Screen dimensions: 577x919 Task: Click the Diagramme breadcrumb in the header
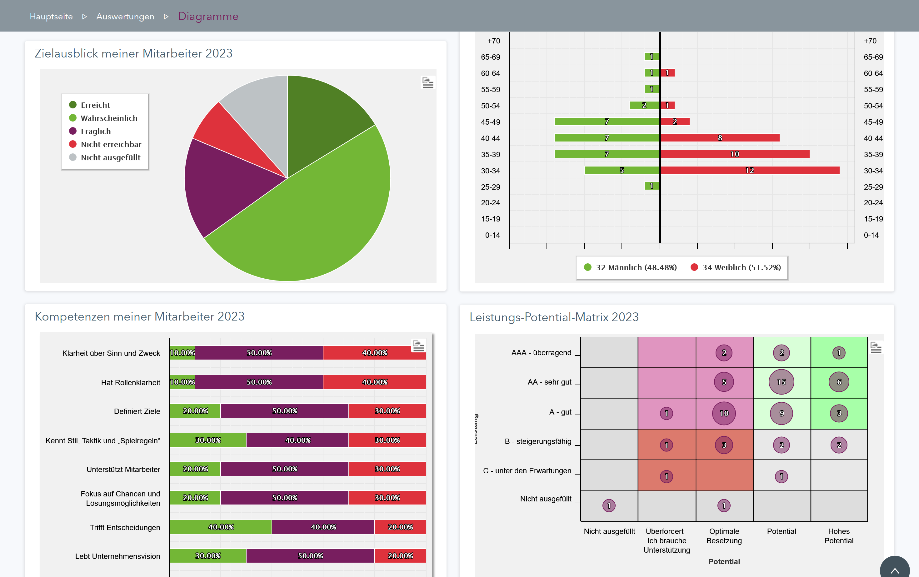point(208,17)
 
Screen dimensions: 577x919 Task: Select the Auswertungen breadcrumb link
point(125,17)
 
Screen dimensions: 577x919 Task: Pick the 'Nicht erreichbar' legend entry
point(111,144)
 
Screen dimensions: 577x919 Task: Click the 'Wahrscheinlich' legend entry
point(109,118)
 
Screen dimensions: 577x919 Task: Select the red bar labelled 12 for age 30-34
point(750,170)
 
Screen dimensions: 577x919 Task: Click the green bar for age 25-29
point(652,186)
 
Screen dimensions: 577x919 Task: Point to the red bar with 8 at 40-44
point(720,138)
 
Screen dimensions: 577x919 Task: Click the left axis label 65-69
point(490,57)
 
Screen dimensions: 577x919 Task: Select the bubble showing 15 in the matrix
point(781,382)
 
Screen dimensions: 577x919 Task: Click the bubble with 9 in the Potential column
point(781,413)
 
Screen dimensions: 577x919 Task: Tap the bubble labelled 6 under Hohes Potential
point(838,382)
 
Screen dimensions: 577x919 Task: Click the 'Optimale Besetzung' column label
point(724,536)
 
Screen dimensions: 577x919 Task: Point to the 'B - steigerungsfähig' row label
point(538,441)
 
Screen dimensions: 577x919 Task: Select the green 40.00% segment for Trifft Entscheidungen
point(221,527)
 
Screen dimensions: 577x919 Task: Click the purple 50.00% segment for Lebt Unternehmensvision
point(310,556)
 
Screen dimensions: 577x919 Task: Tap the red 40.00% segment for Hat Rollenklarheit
point(374,382)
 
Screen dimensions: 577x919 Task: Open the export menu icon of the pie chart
point(428,83)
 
